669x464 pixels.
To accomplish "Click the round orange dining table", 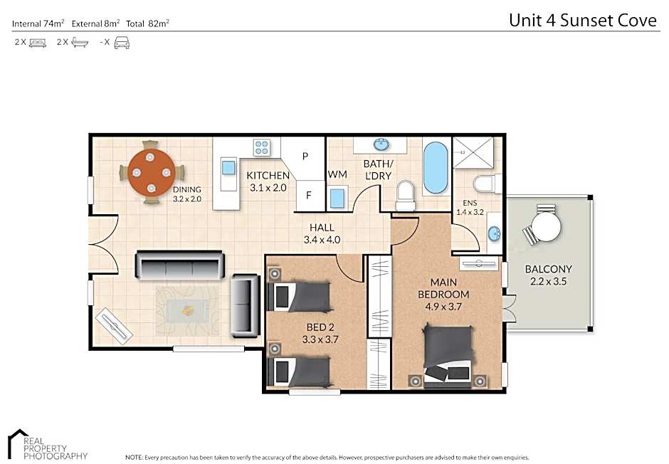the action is click(152, 172).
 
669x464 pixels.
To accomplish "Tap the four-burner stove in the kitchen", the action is click(261, 147).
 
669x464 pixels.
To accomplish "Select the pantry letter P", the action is click(305, 156).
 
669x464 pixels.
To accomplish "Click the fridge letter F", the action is click(308, 195).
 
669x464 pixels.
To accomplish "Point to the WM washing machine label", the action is click(337, 174).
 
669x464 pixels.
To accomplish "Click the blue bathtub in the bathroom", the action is click(436, 168).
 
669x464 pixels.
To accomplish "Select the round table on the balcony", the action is click(546, 226).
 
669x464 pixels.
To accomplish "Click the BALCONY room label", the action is click(548, 269).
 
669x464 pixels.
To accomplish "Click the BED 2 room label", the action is click(320, 327).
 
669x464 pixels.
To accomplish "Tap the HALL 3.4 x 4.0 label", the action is click(322, 233).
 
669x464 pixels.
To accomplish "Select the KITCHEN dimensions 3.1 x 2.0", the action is click(268, 188).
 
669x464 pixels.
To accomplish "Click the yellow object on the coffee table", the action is click(188, 310).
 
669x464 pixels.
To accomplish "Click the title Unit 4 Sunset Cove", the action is click(583, 20).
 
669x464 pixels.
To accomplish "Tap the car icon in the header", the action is click(122, 43).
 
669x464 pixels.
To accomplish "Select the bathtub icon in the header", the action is click(80, 42).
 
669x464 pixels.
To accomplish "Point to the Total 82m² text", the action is click(147, 23).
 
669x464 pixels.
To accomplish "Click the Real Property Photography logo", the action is click(48, 444).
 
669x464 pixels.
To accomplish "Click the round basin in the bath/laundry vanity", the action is click(381, 144).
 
